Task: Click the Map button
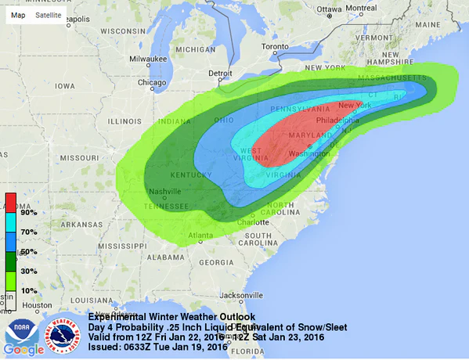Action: pyautogui.click(x=17, y=15)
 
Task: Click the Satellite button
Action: pyautogui.click(x=48, y=15)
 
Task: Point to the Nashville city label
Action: pyautogui.click(x=166, y=192)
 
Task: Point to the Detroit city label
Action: pyautogui.click(x=221, y=74)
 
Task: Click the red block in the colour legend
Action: pyautogui.click(x=11, y=202)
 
